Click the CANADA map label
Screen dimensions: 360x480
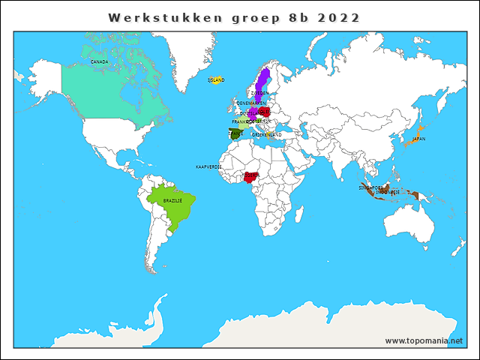(x=99, y=61)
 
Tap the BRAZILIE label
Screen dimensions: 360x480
(x=172, y=201)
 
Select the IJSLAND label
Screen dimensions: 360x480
(x=216, y=79)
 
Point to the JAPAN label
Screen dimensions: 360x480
(x=418, y=139)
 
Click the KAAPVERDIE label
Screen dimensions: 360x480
(x=208, y=166)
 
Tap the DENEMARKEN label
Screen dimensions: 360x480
(x=250, y=103)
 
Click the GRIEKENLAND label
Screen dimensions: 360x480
(x=266, y=134)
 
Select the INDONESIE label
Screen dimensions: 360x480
(x=387, y=192)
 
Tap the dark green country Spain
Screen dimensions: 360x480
(x=235, y=136)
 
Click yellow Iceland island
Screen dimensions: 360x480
(x=216, y=81)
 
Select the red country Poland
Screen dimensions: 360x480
(x=264, y=113)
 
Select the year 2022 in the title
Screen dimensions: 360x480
(x=338, y=17)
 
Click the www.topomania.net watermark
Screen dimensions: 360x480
(x=424, y=340)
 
